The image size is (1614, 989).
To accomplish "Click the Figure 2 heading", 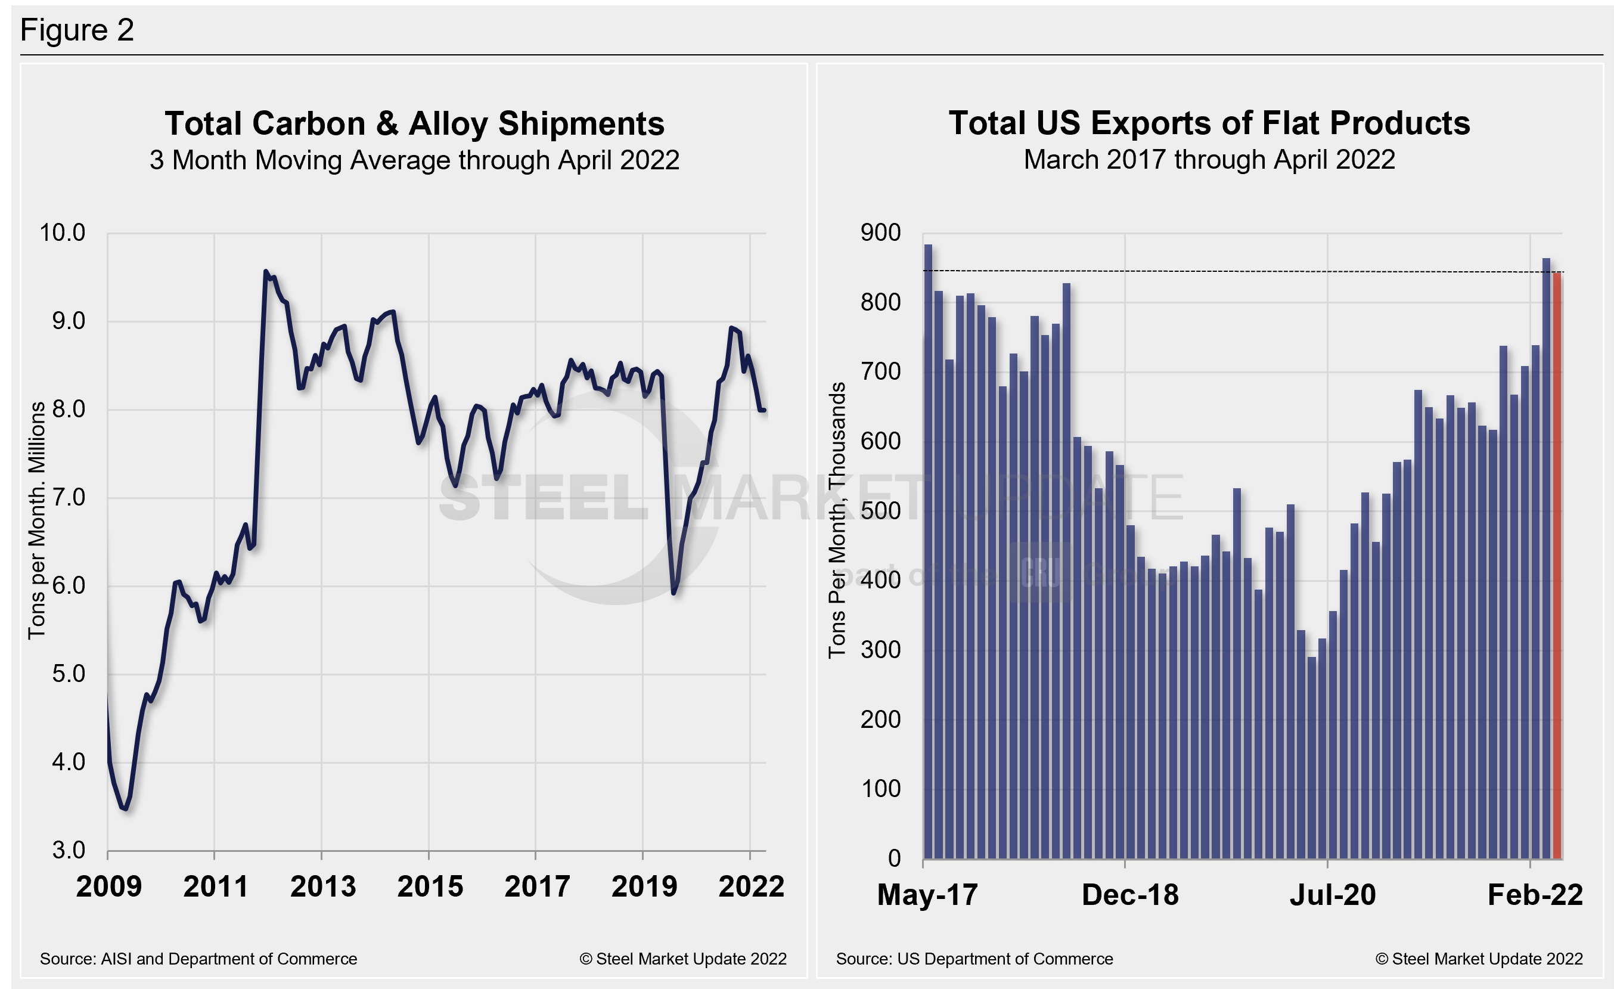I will point(77,30).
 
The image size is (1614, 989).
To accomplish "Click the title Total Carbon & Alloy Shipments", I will point(414,123).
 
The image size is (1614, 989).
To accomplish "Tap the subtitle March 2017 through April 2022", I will point(1209,160).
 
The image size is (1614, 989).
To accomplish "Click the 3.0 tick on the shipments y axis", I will point(68,850).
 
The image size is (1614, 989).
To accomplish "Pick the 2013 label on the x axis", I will point(322,887).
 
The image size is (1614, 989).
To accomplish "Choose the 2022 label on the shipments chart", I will point(750,887).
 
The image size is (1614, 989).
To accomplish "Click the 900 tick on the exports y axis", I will point(880,232).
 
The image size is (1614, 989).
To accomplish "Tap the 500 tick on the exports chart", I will point(880,510).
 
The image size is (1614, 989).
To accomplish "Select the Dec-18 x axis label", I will point(1130,895).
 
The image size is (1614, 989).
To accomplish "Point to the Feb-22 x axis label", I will point(1535,895).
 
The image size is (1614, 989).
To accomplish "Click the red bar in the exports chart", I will point(1557,563).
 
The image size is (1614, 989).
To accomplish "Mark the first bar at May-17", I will point(928,550).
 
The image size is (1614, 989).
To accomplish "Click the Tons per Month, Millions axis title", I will point(37,520).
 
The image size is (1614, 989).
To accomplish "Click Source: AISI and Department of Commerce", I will point(198,959).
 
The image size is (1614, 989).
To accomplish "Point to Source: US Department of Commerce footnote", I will point(974,959).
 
